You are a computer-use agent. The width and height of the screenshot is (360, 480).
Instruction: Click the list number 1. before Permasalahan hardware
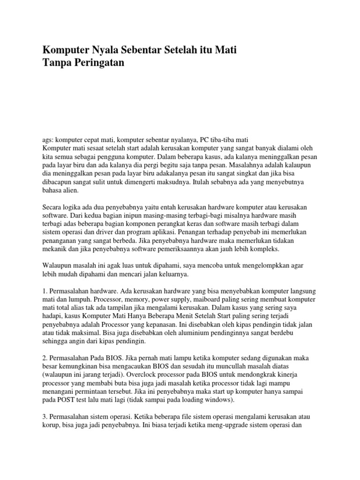pos(45,290)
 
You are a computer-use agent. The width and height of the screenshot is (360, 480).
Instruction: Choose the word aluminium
pos(160,333)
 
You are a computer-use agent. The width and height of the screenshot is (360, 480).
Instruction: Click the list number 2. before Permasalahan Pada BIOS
pos(45,358)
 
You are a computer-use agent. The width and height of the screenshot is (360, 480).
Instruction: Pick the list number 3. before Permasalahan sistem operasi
pos(45,417)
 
